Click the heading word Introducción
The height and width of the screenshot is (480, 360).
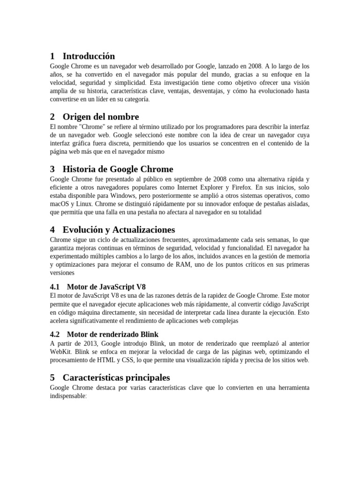pyautogui.click(x=89, y=56)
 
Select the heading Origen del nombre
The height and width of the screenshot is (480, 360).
pyautogui.click(x=101, y=117)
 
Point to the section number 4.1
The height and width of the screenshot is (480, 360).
pyautogui.click(x=55, y=286)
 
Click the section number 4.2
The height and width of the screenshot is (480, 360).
pyautogui.click(x=55, y=334)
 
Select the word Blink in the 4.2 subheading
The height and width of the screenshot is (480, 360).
pyautogui.click(x=149, y=334)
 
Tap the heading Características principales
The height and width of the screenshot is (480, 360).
pyautogui.click(x=116, y=377)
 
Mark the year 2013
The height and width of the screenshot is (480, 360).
pyautogui.click(x=94, y=343)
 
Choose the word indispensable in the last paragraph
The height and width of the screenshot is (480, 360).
pyautogui.click(x=68, y=396)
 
